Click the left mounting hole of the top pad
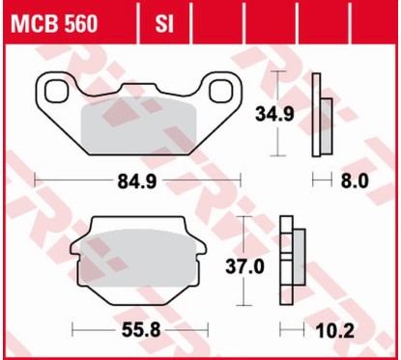(x=57, y=91)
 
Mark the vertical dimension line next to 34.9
(x=279, y=113)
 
